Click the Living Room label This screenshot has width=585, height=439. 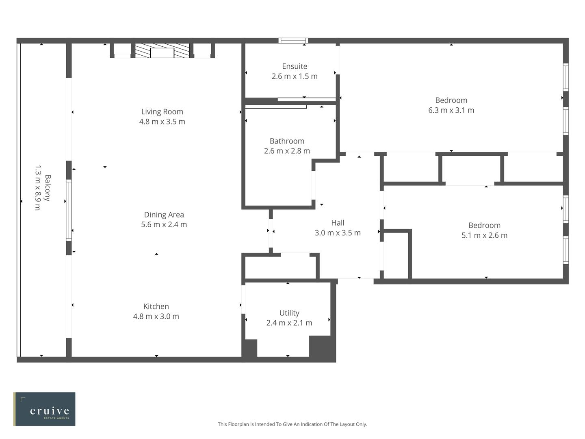click(162, 112)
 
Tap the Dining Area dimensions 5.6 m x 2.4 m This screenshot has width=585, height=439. click(164, 225)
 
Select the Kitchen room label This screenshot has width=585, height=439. click(156, 306)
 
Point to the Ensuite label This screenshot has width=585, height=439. click(295, 66)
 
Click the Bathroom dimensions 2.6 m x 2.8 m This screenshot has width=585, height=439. click(287, 151)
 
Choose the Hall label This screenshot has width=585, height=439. click(338, 223)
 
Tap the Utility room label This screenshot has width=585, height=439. click(289, 313)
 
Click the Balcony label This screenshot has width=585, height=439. click(48, 188)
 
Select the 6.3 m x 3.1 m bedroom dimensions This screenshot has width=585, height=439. click(451, 110)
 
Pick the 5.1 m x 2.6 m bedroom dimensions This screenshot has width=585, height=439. click(484, 235)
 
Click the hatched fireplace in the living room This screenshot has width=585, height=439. click(162, 51)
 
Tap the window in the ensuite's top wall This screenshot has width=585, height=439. click(293, 41)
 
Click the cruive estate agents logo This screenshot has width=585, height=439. click(44, 409)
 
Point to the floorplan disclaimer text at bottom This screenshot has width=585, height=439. click(292, 424)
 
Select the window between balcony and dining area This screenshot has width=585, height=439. click(69, 211)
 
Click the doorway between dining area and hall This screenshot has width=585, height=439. click(271, 231)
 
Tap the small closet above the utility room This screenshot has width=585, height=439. click(280, 267)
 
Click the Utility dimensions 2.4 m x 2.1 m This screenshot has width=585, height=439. click(289, 323)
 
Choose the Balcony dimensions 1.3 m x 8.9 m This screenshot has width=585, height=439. click(37, 188)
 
